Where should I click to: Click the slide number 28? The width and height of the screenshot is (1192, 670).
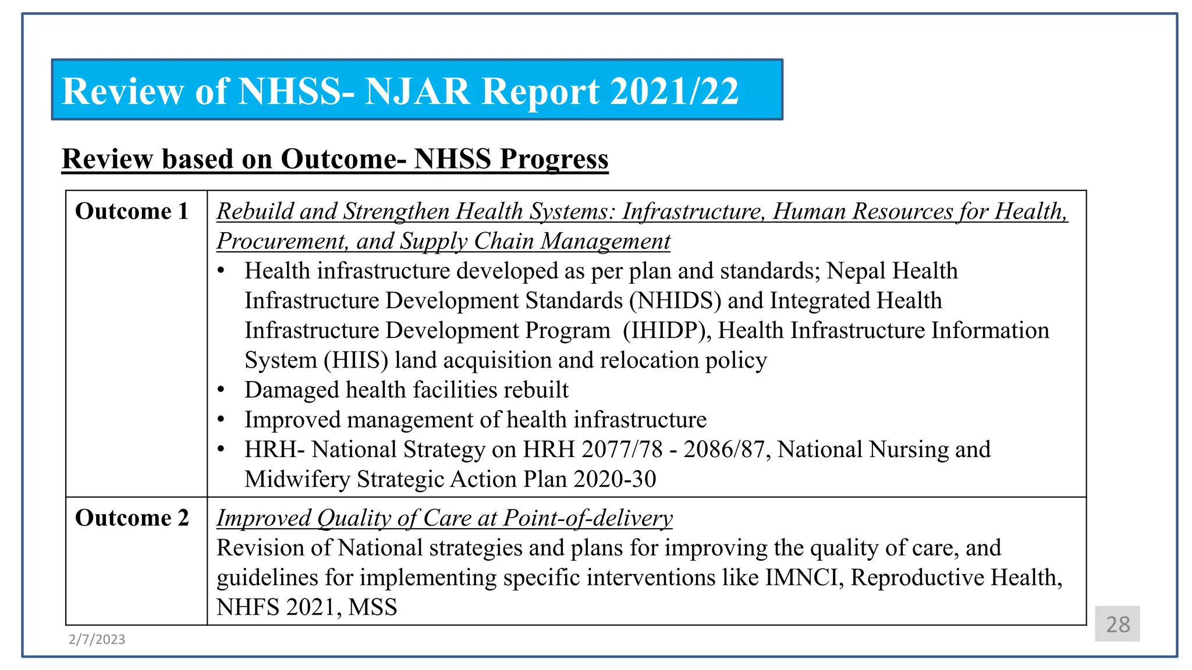click(x=1117, y=624)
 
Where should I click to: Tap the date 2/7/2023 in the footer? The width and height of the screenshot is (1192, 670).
click(x=97, y=639)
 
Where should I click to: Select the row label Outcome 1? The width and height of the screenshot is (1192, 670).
click(x=132, y=211)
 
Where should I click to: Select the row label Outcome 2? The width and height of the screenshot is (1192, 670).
click(x=132, y=518)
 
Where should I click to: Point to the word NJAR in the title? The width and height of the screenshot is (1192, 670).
click(x=417, y=91)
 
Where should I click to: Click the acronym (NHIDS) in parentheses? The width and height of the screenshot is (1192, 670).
click(x=675, y=301)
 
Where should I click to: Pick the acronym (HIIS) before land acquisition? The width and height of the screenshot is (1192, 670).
click(x=356, y=360)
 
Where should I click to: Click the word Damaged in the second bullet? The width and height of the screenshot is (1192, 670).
click(x=292, y=390)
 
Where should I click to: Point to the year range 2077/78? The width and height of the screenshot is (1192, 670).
click(x=622, y=450)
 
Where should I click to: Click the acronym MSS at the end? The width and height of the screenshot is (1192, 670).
click(x=372, y=607)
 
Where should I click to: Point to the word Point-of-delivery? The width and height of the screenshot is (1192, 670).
click(x=588, y=518)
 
